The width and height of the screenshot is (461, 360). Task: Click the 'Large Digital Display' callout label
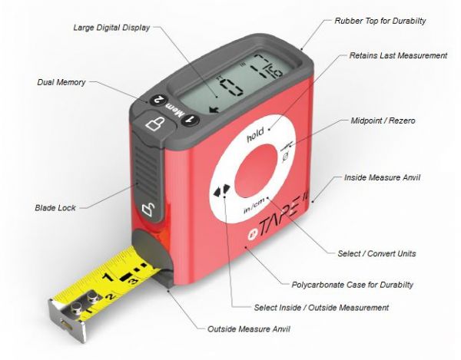coord(111,28)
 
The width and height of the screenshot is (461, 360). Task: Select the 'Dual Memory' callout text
coord(61,82)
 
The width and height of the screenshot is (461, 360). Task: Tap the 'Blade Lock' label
coord(55,208)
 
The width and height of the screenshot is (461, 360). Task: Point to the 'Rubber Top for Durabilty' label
coord(380,21)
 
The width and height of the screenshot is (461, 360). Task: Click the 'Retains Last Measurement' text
coord(398,55)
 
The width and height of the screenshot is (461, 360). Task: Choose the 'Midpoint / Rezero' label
coord(383,121)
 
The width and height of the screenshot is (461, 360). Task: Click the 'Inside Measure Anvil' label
coord(382,177)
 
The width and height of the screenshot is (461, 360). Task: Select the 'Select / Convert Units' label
coord(376,253)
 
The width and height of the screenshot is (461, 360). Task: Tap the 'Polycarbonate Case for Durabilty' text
coord(352,285)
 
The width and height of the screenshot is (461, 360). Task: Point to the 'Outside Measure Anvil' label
coord(249,329)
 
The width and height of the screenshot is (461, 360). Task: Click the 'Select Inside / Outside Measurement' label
coord(321,308)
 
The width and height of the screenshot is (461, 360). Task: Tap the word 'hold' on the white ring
coord(255,135)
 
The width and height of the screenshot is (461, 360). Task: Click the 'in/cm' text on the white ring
coord(255,205)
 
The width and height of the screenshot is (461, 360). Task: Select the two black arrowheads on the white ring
coord(222,190)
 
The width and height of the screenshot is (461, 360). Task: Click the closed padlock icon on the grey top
coord(154,124)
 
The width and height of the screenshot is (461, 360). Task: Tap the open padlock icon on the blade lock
coord(149,210)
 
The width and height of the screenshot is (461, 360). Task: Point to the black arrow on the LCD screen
coord(214,110)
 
